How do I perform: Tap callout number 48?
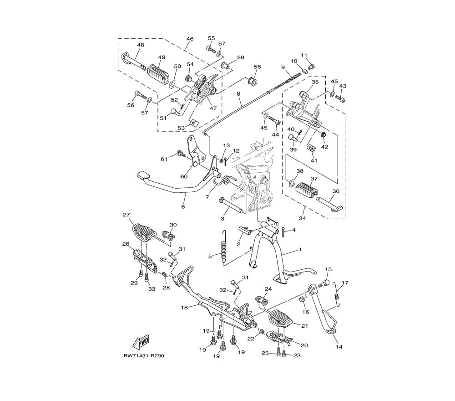[141, 45]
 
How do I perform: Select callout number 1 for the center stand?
[301, 249]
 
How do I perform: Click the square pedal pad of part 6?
[143, 175]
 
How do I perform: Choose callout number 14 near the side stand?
[339, 346]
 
